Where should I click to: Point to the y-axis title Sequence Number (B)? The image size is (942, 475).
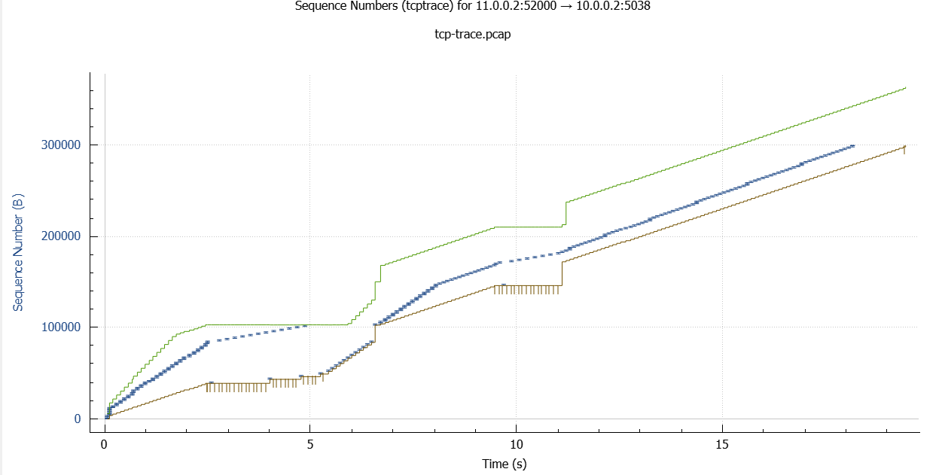pos(17,252)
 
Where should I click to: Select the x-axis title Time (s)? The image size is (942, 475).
pos(504,463)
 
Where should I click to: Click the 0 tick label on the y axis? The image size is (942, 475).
pos(78,419)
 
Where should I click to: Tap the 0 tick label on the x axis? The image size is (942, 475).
pos(105,445)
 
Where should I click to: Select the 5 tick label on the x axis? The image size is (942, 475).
pos(310,445)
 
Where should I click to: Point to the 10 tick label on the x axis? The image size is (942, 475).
pos(516,445)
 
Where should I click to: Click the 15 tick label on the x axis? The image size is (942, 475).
pos(721,445)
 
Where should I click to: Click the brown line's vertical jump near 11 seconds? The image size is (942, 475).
pos(562,273)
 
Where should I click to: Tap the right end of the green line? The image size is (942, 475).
pos(905,88)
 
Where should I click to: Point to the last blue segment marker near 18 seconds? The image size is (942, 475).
pos(852,146)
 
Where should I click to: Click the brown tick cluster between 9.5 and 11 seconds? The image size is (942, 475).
pos(526,289)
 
